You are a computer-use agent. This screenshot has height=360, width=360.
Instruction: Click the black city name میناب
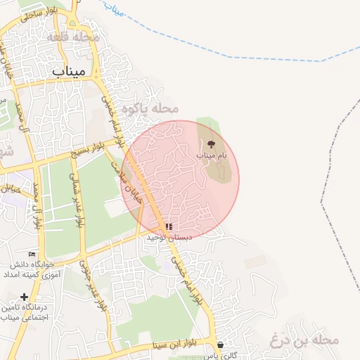click(x=68, y=71)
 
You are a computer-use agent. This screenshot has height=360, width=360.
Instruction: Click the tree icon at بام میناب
click(x=212, y=143)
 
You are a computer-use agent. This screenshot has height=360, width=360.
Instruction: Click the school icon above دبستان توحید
click(x=168, y=226)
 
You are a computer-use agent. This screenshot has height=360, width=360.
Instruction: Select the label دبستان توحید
click(x=169, y=238)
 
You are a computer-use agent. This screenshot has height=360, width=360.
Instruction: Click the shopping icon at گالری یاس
click(x=220, y=345)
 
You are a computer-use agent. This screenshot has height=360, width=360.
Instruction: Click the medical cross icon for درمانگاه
click(x=25, y=297)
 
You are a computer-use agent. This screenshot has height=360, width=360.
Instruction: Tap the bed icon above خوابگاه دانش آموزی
click(x=31, y=254)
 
